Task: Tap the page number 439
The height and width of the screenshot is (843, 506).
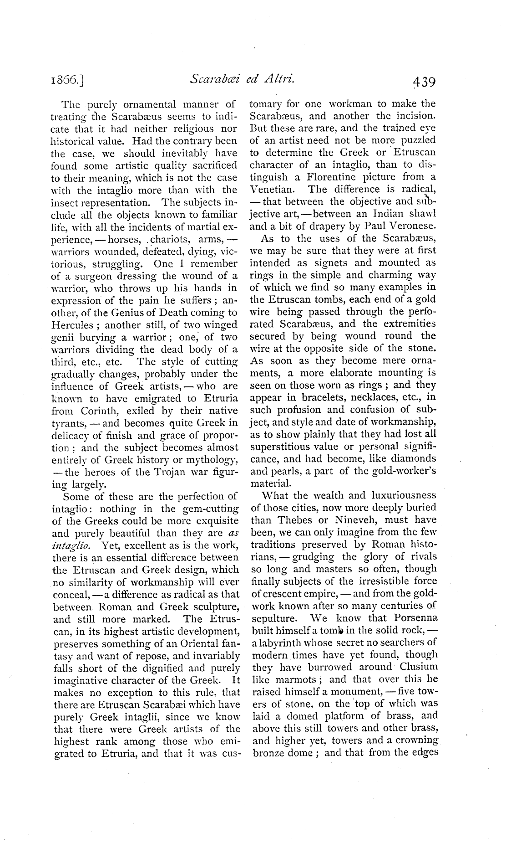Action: [424, 82]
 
